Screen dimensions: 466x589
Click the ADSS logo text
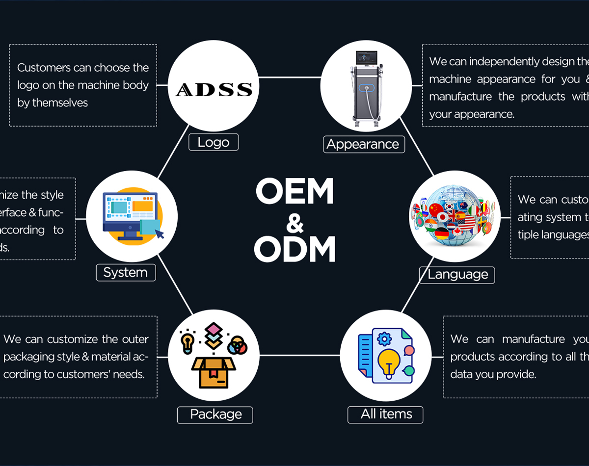point(214,89)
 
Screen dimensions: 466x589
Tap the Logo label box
point(214,142)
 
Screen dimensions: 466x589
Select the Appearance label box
point(364,144)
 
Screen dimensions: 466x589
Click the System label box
point(125,273)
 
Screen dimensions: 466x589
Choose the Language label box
point(457,274)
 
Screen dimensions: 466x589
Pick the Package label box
point(215,414)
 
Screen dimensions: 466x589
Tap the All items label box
point(386,414)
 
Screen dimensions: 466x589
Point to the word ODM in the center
point(294,249)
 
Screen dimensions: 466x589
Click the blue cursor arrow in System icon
point(159,234)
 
